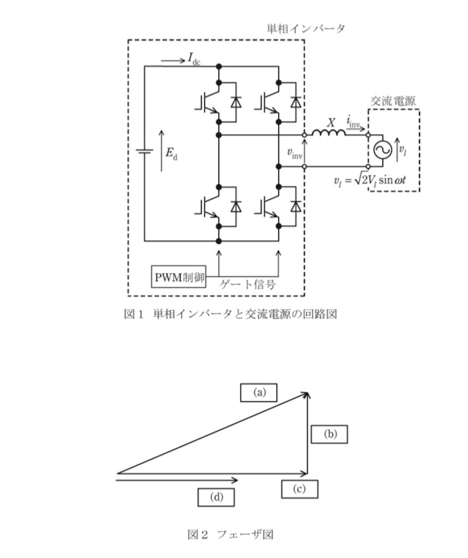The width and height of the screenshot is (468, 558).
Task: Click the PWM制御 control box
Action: click(179, 276)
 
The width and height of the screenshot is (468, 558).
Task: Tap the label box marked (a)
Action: click(259, 392)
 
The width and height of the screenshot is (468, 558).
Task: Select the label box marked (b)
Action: click(329, 434)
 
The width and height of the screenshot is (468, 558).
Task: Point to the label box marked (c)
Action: click(299, 489)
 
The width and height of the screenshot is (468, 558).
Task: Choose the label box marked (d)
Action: click(216, 497)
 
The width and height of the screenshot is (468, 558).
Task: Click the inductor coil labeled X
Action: click(329, 133)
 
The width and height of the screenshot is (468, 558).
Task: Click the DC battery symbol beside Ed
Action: click(144, 151)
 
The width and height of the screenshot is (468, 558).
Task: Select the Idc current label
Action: click(195, 59)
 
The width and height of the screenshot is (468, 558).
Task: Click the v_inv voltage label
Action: click(295, 153)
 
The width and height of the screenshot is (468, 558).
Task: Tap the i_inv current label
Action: click(354, 122)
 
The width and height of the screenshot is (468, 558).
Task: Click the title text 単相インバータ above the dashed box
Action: click(306, 28)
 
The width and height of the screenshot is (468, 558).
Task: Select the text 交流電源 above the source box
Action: click(393, 101)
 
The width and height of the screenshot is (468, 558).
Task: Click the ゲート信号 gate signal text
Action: click(247, 284)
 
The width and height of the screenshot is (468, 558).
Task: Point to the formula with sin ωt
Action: click(370, 180)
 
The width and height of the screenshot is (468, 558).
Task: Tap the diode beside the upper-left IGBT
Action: click(235, 102)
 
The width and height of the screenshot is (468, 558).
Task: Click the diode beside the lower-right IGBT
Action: click(295, 207)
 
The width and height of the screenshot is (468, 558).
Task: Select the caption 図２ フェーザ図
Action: click(230, 535)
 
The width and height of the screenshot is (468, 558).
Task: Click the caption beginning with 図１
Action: click(230, 314)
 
